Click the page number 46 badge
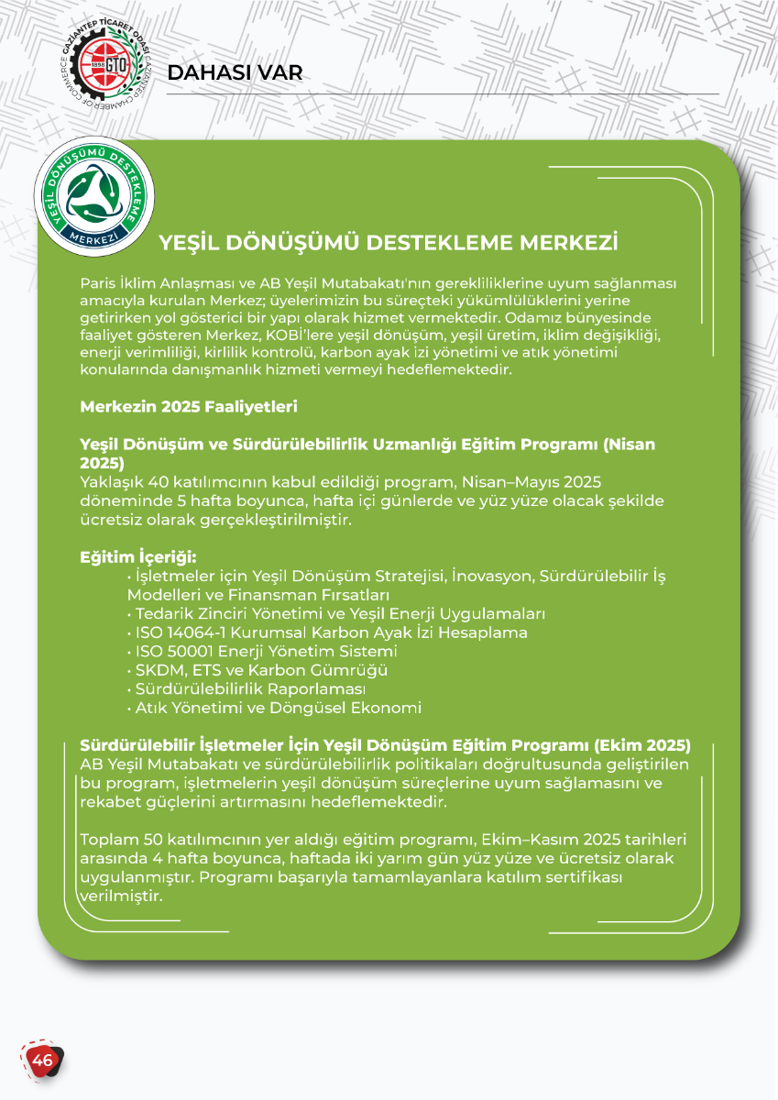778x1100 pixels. pyautogui.click(x=42, y=1061)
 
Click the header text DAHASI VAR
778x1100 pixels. pyautogui.click(x=236, y=73)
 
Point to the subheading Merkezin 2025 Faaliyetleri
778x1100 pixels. pyautogui.click(x=189, y=406)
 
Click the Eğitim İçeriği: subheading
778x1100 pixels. pyautogui.click(x=138, y=557)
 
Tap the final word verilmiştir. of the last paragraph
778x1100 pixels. pyautogui.click(x=123, y=896)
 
